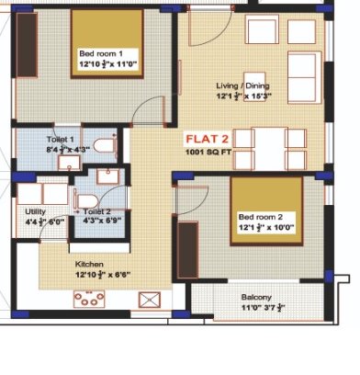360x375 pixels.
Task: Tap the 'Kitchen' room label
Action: coord(89,264)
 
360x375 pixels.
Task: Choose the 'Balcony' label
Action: coord(256,297)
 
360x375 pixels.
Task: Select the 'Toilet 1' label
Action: coord(61,138)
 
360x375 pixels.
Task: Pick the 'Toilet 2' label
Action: coord(97,210)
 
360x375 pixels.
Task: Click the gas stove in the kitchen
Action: coord(89,299)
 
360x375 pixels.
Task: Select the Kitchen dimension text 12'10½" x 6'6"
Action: coord(89,274)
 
